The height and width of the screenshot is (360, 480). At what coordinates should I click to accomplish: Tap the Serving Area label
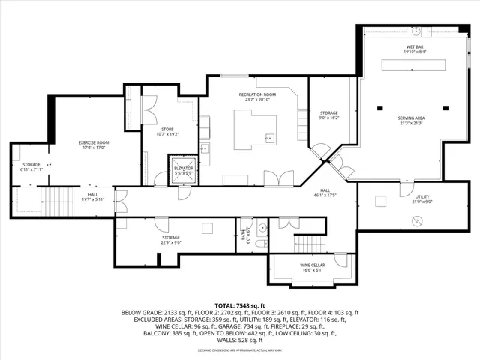411,120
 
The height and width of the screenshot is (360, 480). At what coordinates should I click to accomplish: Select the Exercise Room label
94,145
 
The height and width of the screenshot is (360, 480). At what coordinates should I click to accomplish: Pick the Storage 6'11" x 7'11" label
31,166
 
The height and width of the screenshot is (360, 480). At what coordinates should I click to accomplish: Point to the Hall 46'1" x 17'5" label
325,193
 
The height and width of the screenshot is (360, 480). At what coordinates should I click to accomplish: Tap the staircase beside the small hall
55,200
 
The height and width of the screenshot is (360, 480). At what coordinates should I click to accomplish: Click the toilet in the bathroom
259,242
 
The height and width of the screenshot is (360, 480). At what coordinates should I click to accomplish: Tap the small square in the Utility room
380,200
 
